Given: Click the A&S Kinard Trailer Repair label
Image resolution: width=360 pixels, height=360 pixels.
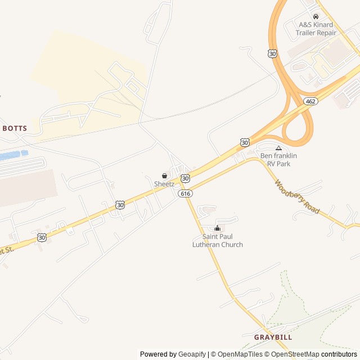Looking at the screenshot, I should coord(316,29).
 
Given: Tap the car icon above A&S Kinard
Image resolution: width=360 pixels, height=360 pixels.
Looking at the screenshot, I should coord(316,17).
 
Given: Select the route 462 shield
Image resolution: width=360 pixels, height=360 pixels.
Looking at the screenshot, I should coord(310,101).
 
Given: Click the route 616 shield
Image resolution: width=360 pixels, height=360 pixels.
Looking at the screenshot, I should coord(185,193).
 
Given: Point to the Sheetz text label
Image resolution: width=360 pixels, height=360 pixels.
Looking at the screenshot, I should coord(164,184).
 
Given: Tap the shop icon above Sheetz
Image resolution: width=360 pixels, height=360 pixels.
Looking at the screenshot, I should coord(164,175).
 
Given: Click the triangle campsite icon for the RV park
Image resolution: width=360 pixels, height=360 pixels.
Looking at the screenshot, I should coord(278,148).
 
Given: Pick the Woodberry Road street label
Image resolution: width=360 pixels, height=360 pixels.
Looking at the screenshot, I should coord(297,197).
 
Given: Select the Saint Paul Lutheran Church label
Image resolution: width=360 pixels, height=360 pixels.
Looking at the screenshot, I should coord(218,241).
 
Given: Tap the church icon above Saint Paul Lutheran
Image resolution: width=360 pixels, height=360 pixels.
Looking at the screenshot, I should coord(218,228).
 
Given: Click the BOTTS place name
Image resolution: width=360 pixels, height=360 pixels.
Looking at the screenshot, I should coord(15,128).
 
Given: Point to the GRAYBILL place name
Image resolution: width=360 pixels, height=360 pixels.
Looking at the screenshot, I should coord(273,337).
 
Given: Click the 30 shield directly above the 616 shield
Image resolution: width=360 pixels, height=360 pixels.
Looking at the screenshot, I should coord(185,178).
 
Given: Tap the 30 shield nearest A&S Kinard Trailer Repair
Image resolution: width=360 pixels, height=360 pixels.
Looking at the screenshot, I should coord(273,53).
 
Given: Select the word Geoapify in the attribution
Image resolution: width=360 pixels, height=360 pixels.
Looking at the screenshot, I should coord(192,354).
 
